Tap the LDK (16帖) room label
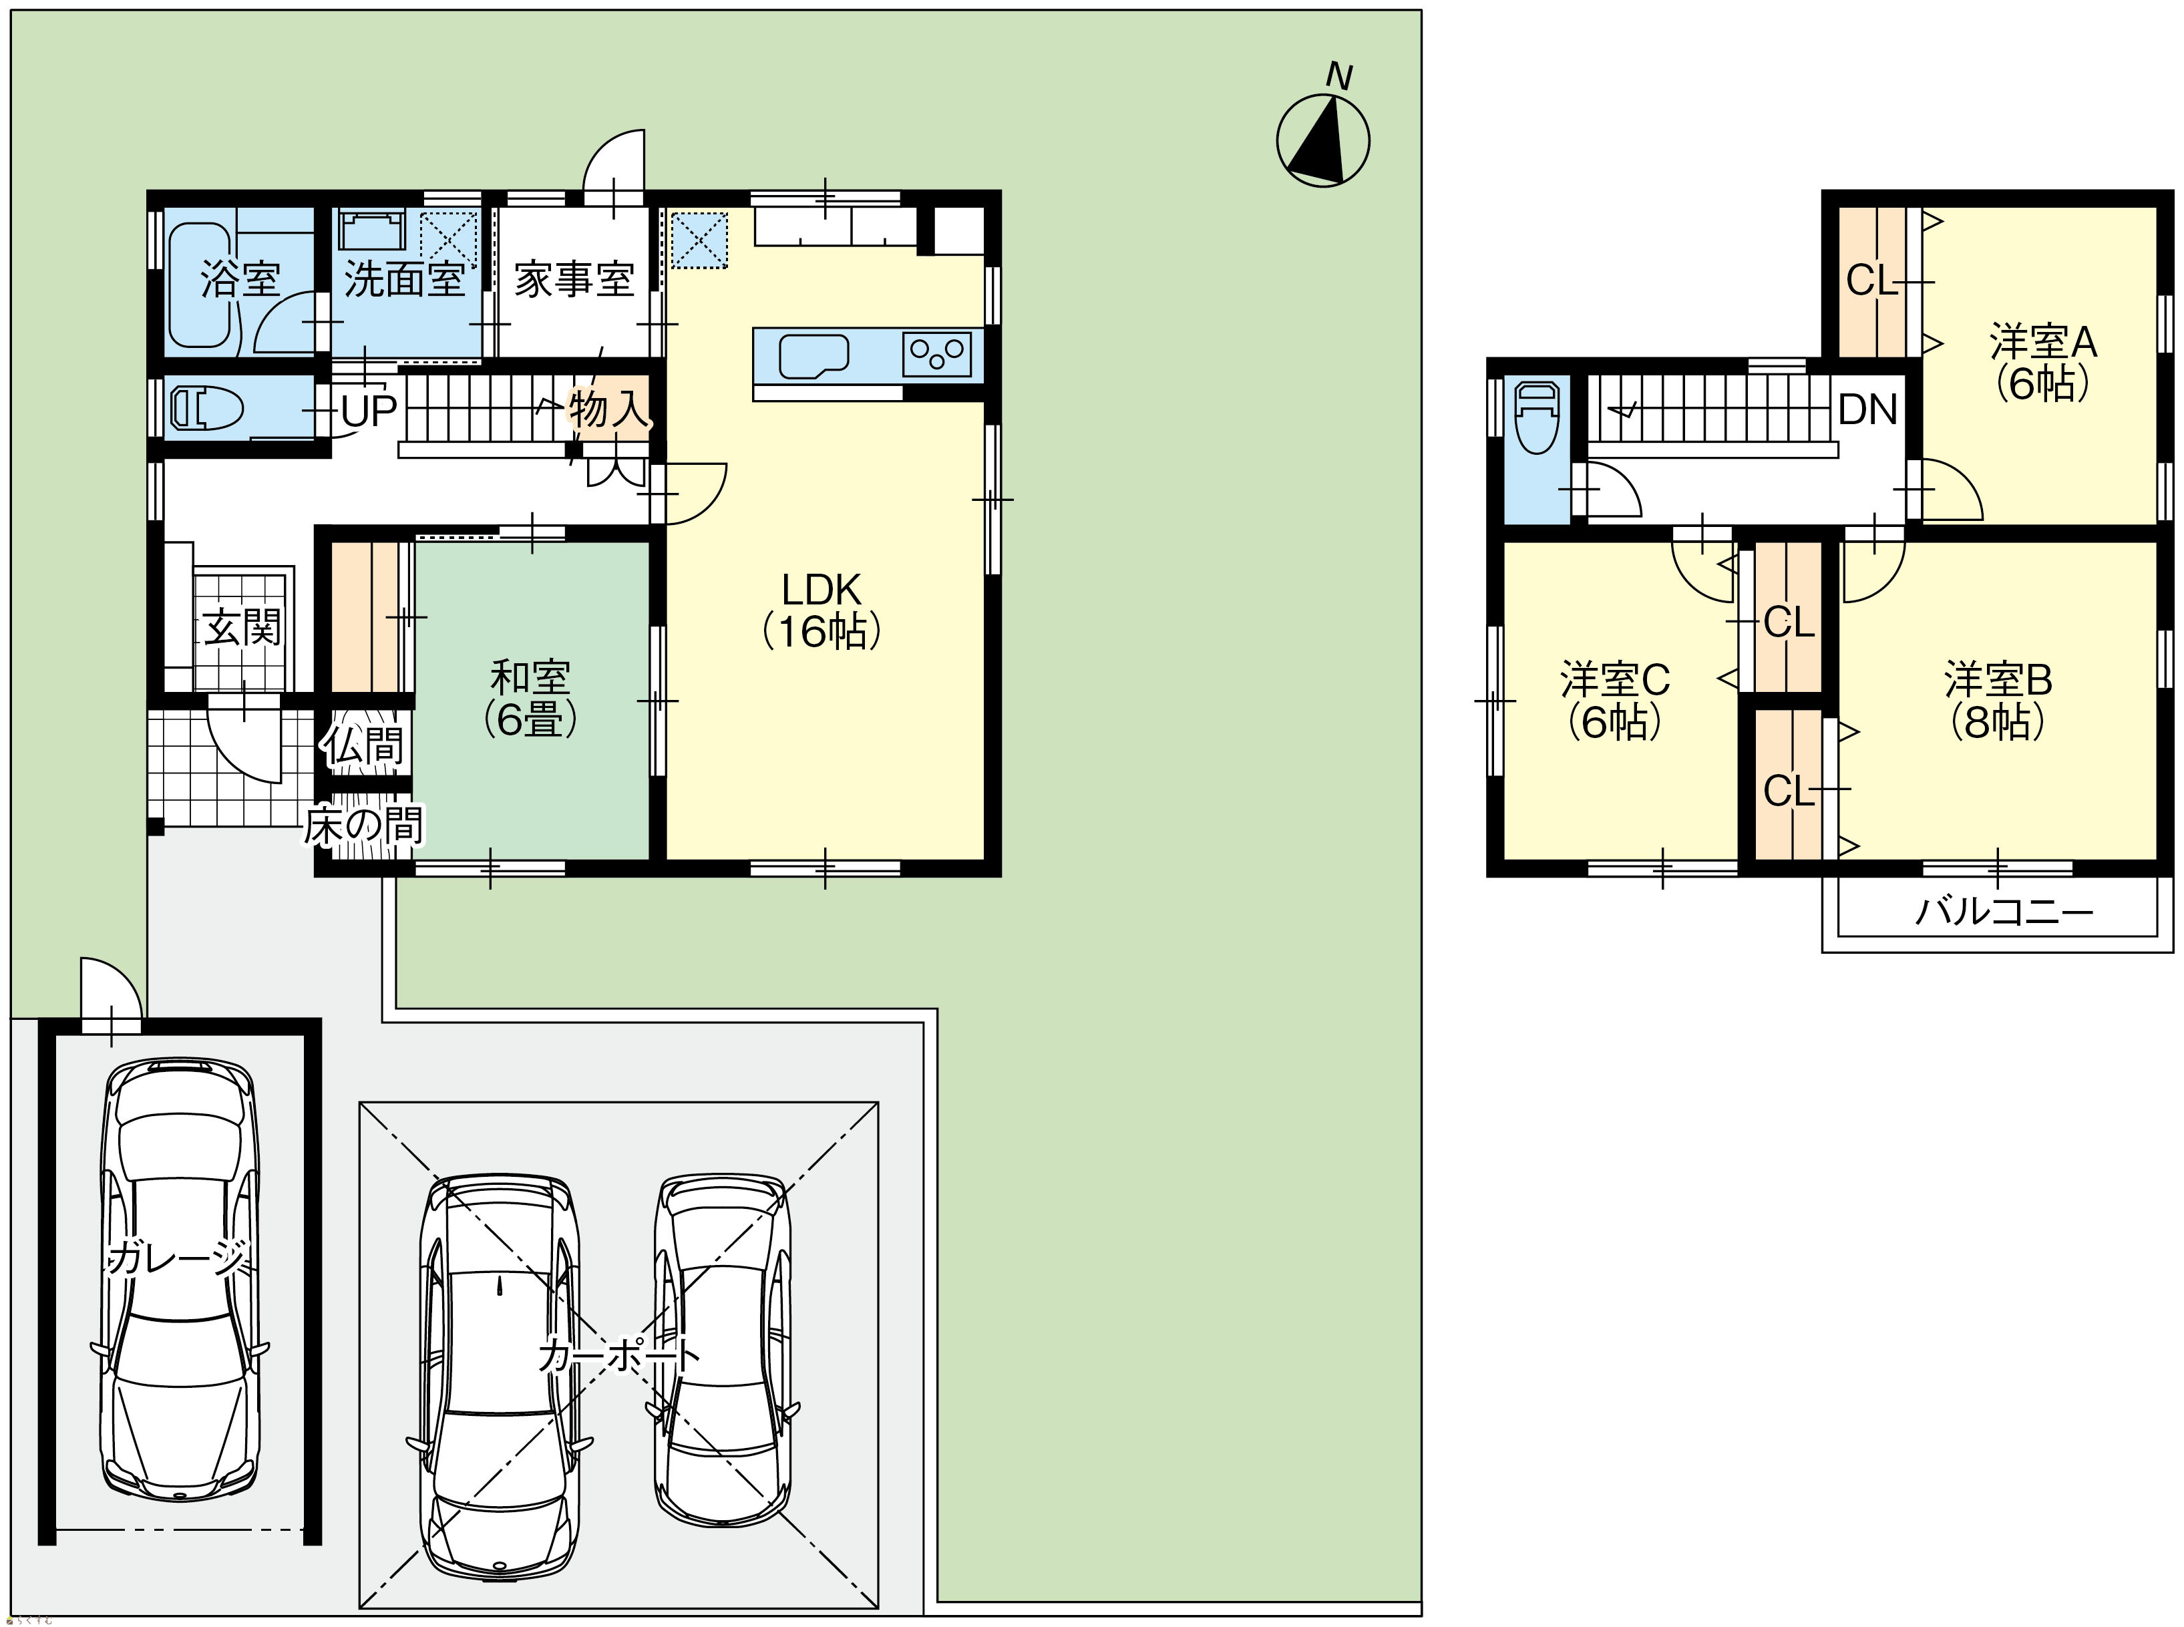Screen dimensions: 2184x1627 [822, 610]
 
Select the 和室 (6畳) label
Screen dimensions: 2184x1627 [530, 699]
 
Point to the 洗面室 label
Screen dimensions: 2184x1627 [403, 280]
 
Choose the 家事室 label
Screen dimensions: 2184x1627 [574, 281]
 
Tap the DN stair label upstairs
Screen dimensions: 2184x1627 [1868, 409]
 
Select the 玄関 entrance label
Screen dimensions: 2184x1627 [243, 627]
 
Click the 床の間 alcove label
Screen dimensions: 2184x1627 [363, 826]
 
